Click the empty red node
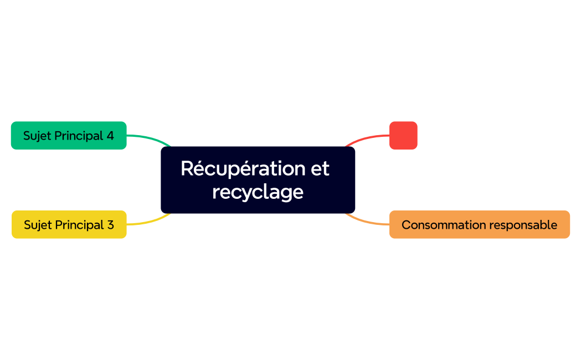pos(403,136)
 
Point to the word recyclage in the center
pos(258,192)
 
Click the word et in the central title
pos(320,168)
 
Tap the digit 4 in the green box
pos(110,136)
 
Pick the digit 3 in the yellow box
pos(110,225)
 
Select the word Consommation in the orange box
pos(438,225)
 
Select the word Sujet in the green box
pos(36,136)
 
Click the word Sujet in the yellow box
pos(37,225)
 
